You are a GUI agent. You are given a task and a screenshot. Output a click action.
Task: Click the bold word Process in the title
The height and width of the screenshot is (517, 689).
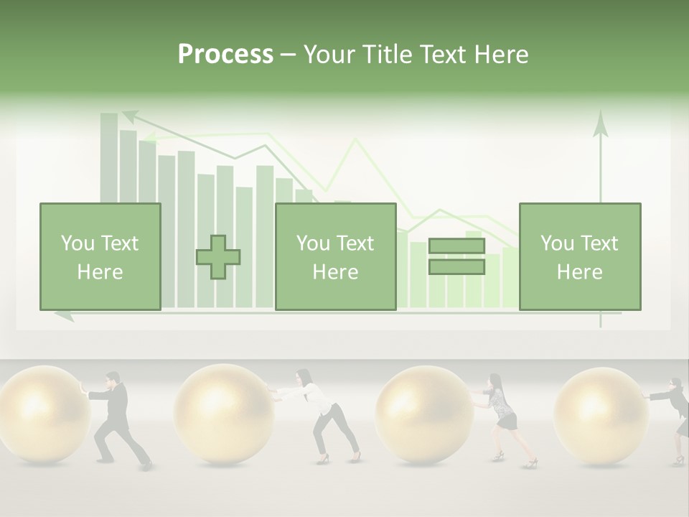[x=225, y=55]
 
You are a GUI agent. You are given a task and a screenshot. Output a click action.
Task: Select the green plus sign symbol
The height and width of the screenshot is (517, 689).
[x=218, y=257]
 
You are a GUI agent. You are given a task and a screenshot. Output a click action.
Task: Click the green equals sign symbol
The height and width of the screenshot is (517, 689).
[x=456, y=256]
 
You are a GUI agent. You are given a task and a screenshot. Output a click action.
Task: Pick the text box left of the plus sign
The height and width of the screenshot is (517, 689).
[x=100, y=256]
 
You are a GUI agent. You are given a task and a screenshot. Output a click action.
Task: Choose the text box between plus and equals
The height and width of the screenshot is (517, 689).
[x=335, y=256]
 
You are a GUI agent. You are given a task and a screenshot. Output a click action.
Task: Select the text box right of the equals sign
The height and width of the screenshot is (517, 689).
[x=579, y=256]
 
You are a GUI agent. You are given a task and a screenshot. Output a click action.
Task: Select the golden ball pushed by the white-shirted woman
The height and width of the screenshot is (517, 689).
[x=223, y=414]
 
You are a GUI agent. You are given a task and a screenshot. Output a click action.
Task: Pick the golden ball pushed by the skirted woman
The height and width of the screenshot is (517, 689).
[x=424, y=415]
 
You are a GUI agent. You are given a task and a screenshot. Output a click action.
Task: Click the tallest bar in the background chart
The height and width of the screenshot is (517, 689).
[x=109, y=158]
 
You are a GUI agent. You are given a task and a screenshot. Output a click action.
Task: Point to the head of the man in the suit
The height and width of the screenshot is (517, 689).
[x=112, y=378]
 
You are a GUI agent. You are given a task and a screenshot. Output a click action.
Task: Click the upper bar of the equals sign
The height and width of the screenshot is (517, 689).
[x=456, y=246]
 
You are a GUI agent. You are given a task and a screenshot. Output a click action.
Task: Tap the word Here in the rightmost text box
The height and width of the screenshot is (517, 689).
[x=579, y=271]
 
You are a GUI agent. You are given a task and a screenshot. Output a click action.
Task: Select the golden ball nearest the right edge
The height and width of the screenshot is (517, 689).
[x=601, y=415]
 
